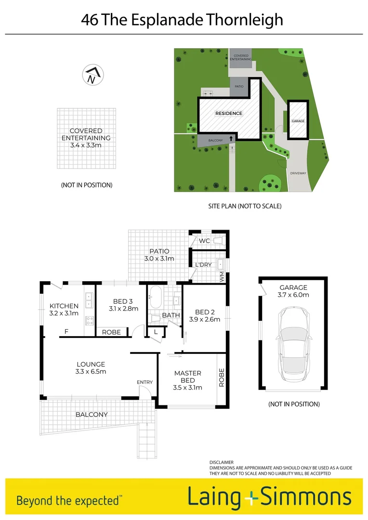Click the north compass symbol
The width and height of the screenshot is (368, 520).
click(x=92, y=75)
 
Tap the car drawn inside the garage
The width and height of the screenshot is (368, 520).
click(x=293, y=342)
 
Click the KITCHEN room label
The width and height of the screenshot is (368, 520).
click(x=64, y=306)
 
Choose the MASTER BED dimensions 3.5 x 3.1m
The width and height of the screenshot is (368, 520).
click(x=188, y=387)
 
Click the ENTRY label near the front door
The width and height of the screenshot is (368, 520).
click(x=145, y=382)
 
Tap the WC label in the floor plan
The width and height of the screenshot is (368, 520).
click(x=205, y=241)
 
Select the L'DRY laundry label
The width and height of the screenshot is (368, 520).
click(x=204, y=265)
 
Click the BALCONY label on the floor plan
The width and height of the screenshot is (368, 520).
click(x=92, y=414)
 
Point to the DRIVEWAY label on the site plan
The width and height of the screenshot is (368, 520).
click(x=298, y=173)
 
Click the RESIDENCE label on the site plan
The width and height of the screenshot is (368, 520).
click(x=229, y=114)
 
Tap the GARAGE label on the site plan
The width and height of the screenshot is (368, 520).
click(x=298, y=121)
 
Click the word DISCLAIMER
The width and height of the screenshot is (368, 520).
click(x=222, y=462)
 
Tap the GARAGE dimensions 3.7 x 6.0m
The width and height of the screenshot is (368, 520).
click(x=294, y=295)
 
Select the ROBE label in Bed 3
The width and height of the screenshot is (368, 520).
click(x=111, y=332)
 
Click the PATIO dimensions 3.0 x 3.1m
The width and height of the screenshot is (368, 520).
click(x=159, y=259)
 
